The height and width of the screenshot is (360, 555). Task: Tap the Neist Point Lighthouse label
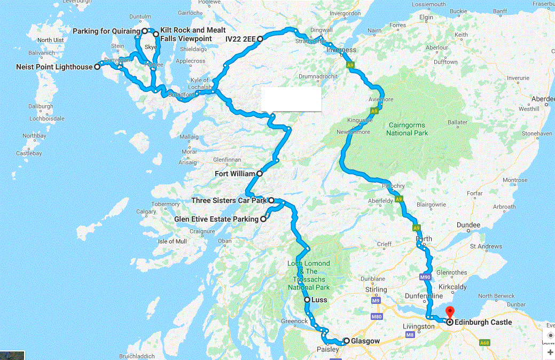click(54, 67)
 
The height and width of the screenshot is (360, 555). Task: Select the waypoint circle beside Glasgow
click(346, 341)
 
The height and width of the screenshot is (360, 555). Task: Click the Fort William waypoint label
click(235, 174)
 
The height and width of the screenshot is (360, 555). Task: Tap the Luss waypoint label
click(319, 300)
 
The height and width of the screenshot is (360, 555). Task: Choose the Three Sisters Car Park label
click(229, 201)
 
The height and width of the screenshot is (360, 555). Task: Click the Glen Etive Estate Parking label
click(216, 219)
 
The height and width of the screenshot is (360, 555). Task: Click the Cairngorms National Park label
click(407, 129)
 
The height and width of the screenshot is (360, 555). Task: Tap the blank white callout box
click(291, 100)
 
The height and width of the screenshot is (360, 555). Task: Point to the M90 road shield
click(425, 277)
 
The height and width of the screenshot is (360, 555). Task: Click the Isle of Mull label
click(172, 241)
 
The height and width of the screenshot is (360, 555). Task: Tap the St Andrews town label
click(486, 247)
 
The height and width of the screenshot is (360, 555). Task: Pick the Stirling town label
click(376, 290)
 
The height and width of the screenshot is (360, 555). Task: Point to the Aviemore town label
click(381, 100)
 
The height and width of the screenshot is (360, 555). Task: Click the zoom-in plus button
click(550, 352)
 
